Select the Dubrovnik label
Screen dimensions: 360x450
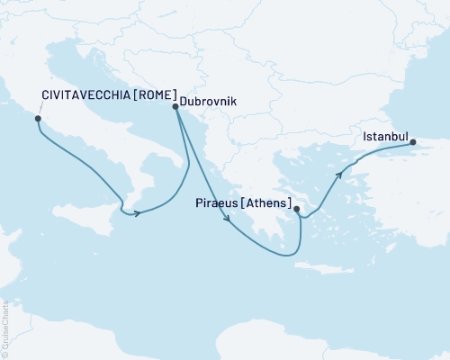[x=208, y=103]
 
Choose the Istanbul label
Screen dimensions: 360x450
[x=383, y=138]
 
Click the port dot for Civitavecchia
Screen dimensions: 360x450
[x=38, y=118]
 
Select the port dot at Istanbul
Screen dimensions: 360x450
[x=412, y=142]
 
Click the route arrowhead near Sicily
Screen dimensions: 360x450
[x=137, y=213]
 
